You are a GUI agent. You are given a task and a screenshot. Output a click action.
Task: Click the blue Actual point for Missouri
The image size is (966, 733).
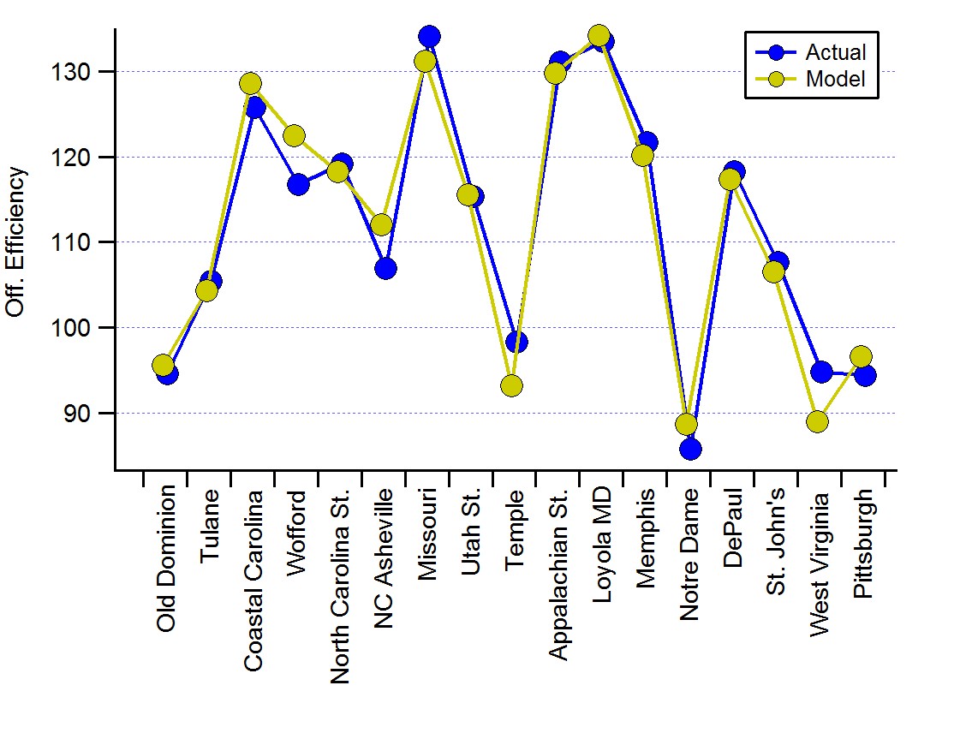(429, 36)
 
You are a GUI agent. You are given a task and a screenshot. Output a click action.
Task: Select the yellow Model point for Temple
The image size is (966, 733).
(511, 385)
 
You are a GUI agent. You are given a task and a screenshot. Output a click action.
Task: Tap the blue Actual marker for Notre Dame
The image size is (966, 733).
(690, 449)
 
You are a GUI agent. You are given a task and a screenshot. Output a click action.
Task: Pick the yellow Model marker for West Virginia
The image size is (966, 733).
(817, 421)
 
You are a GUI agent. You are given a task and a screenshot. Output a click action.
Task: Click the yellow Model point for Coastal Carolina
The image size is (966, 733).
(250, 83)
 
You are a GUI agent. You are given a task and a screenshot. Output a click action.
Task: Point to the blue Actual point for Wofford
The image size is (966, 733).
(298, 184)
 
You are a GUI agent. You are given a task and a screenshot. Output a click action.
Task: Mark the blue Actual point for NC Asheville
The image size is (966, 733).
(385, 268)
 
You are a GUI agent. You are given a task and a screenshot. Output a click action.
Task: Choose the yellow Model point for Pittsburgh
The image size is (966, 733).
(861, 356)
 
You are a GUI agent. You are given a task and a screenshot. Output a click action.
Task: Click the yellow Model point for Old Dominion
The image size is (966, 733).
(163, 366)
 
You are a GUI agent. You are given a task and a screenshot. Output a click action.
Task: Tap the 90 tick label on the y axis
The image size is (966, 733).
(88, 414)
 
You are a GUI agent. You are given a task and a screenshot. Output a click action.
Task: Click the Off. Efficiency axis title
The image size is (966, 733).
(16, 242)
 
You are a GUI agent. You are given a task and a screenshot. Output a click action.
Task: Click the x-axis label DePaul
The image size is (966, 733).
(732, 527)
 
